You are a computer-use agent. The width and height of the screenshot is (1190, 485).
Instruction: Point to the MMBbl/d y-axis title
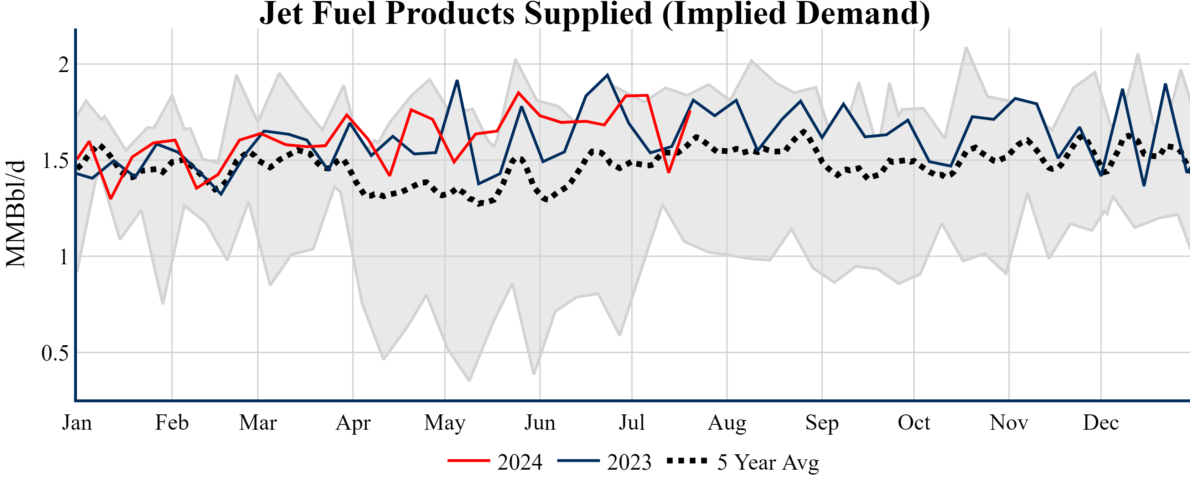[x=15, y=214]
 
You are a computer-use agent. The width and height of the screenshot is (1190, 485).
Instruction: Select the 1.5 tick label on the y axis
[x=55, y=160]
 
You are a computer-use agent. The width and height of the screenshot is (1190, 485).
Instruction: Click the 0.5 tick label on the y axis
[x=55, y=353]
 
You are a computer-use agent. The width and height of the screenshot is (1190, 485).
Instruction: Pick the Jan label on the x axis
[x=77, y=423]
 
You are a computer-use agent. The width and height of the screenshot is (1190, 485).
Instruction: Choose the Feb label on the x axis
[x=172, y=423]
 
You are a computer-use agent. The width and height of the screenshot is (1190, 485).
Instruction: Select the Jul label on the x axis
[x=631, y=423]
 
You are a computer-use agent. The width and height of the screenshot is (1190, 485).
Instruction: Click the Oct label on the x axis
[x=914, y=423]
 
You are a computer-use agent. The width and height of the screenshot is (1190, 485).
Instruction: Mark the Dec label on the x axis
[x=1101, y=423]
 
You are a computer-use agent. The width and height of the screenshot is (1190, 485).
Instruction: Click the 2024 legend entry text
[x=520, y=462]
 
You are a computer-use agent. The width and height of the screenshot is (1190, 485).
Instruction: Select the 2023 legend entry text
[x=629, y=462]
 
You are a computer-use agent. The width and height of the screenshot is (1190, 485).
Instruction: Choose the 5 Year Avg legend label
[x=768, y=462]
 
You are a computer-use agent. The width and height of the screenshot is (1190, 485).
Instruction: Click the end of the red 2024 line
[x=690, y=111]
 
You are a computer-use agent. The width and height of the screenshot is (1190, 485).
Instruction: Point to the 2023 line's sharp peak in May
[x=457, y=81]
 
